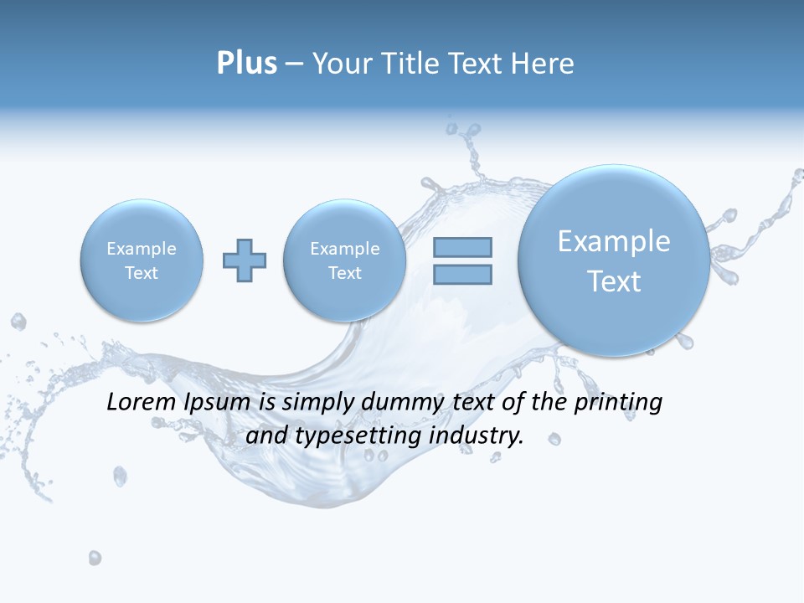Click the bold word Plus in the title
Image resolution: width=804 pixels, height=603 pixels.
[x=246, y=64]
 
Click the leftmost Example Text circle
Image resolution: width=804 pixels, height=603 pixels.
[x=142, y=260]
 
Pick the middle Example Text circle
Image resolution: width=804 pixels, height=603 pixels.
[x=345, y=260]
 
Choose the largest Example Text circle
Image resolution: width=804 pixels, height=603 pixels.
[x=614, y=260]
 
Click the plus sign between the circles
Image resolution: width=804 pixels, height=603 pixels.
[x=245, y=260]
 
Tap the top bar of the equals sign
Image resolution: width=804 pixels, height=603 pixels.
[x=462, y=247]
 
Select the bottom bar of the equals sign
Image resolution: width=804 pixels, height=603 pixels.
[x=462, y=274]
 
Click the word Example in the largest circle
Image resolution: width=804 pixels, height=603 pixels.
[x=614, y=241]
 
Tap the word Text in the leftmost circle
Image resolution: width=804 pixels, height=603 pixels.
[x=142, y=273]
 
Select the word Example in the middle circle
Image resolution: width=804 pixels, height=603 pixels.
[x=345, y=249]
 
